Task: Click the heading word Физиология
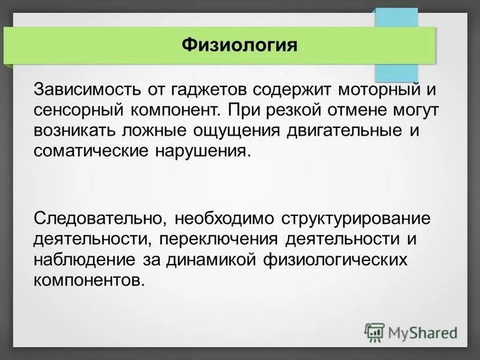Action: (239, 45)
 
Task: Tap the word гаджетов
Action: (206, 91)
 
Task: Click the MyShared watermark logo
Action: (411, 331)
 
